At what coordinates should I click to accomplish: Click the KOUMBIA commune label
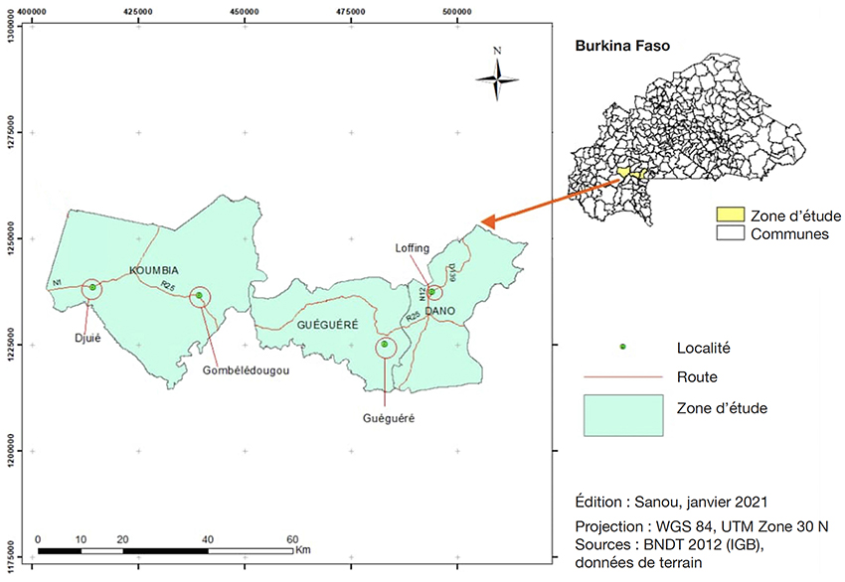[153, 270]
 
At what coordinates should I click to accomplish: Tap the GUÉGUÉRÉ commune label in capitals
[328, 325]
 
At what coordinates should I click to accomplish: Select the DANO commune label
[440, 311]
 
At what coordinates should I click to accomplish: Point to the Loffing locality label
[413, 248]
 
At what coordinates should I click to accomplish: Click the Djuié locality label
[87, 338]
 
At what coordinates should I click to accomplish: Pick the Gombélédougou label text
[246, 370]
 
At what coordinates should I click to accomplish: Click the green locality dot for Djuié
[92, 287]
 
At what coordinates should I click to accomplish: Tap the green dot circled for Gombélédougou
[199, 295]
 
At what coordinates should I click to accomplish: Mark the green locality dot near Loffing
[431, 292]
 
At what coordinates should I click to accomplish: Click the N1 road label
[57, 283]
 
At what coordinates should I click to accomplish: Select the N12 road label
[422, 293]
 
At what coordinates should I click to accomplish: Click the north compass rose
[497, 79]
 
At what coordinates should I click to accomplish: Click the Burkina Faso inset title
[622, 46]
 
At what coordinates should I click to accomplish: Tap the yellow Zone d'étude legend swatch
[731, 215]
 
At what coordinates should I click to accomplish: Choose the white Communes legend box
[731, 233]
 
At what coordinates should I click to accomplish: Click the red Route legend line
[623, 376]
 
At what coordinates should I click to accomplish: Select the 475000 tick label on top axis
[350, 11]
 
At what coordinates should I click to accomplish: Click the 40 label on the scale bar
[208, 539]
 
